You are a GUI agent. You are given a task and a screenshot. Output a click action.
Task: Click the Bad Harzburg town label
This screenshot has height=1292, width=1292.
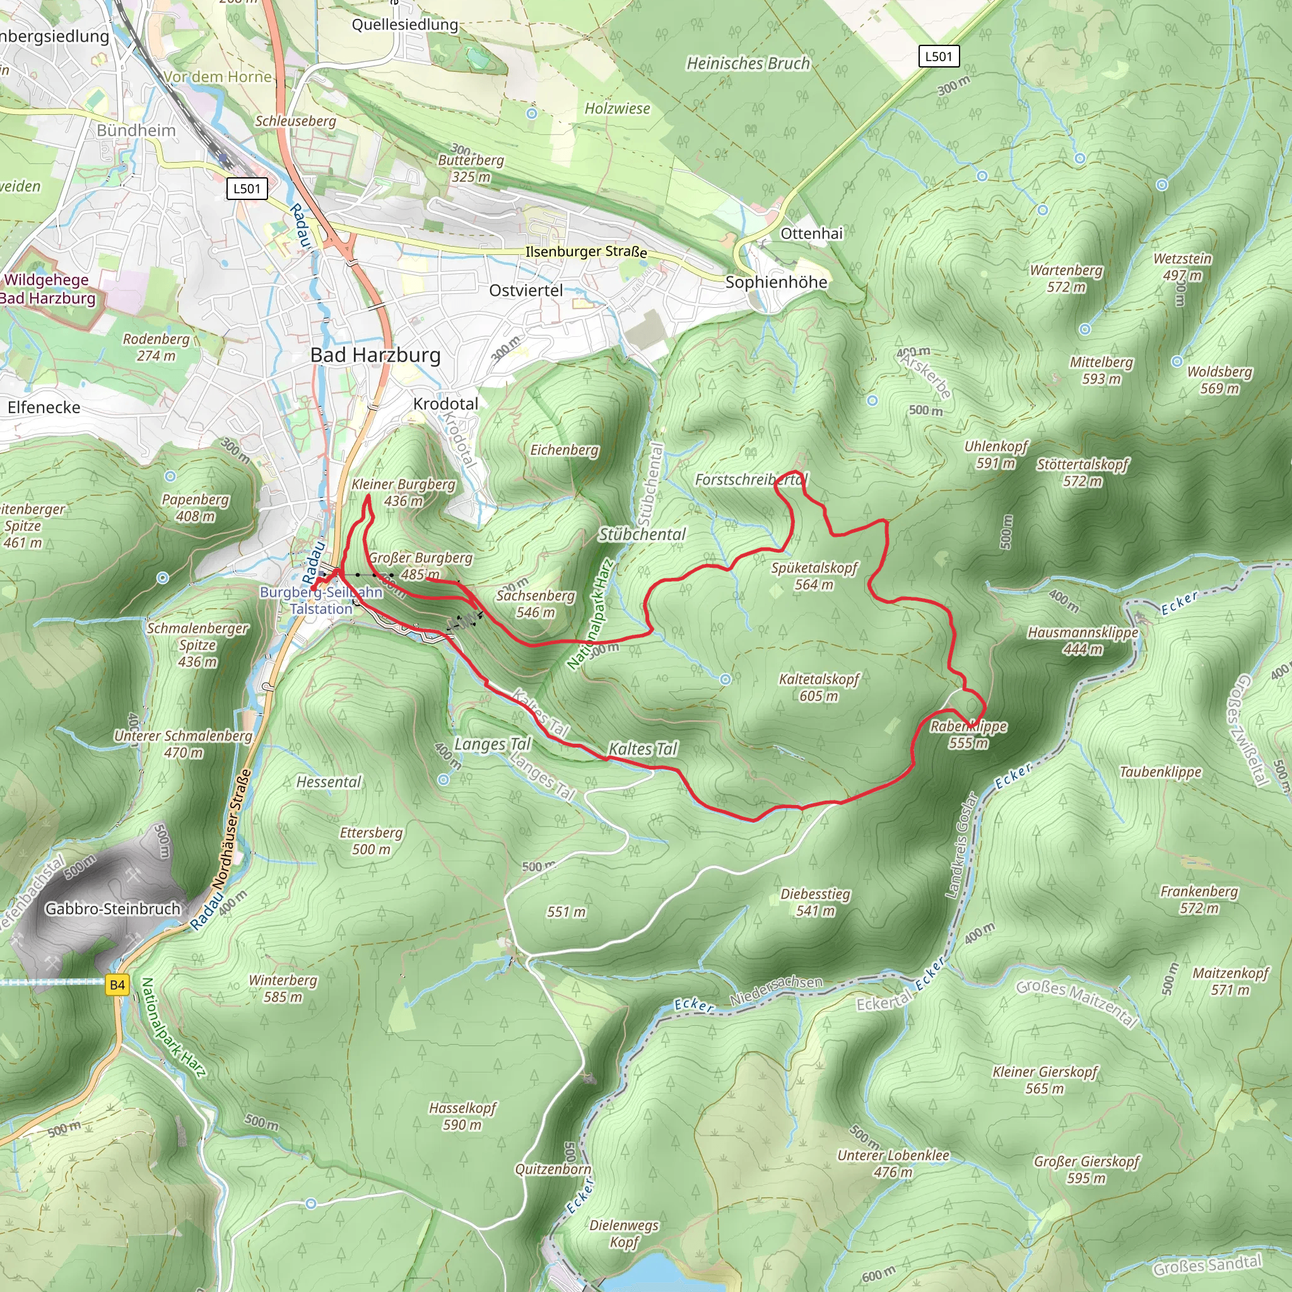click(x=375, y=355)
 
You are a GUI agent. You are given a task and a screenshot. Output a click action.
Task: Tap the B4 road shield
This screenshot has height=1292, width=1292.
click(x=117, y=984)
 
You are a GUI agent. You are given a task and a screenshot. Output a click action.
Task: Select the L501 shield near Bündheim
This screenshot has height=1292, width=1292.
click(x=247, y=189)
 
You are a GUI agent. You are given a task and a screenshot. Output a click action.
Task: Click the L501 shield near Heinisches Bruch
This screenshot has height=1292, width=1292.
click(x=938, y=56)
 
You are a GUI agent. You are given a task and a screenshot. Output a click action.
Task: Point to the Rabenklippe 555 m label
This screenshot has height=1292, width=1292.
click(x=968, y=734)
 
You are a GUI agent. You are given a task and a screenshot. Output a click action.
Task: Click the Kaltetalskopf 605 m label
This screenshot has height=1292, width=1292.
click(x=818, y=688)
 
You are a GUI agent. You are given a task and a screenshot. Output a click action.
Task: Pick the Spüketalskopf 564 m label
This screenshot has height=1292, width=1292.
click(x=814, y=576)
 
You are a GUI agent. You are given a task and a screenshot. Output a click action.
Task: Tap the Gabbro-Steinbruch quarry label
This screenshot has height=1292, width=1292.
click(x=112, y=909)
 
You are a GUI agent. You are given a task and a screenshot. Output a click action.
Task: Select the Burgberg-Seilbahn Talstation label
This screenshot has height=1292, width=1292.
click(x=321, y=601)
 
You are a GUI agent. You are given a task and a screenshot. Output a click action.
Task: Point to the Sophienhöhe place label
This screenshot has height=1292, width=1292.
click(x=776, y=282)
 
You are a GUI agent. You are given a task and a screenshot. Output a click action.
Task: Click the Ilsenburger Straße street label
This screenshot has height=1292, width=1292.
click(x=586, y=252)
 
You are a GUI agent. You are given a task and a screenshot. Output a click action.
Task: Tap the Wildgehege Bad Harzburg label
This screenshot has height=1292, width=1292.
click(x=47, y=289)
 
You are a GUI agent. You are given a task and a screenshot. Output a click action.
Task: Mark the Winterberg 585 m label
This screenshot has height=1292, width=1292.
click(x=283, y=989)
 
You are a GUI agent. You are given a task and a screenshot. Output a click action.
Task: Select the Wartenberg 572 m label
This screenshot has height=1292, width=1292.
click(x=1066, y=278)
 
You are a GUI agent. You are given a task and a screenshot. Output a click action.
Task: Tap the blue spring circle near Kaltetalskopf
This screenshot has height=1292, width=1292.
click(x=725, y=679)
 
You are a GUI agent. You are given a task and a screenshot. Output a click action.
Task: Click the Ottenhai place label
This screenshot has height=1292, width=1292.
click(x=811, y=233)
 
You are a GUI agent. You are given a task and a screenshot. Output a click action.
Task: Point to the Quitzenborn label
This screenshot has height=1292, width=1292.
click(x=553, y=1170)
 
